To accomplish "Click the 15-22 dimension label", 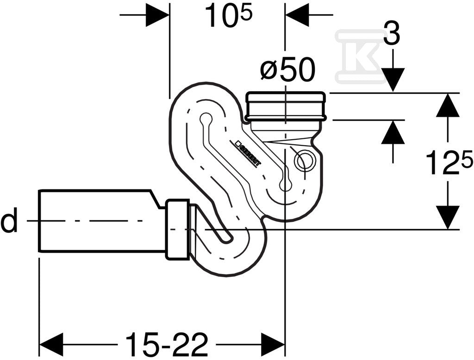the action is (x=167, y=344).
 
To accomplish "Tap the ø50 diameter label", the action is (x=287, y=69).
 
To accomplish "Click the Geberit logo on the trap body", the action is (x=247, y=153).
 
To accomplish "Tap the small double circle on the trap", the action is (x=304, y=161).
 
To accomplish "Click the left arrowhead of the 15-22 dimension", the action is (x=51, y=345).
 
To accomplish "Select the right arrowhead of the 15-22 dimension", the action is (x=273, y=345).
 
